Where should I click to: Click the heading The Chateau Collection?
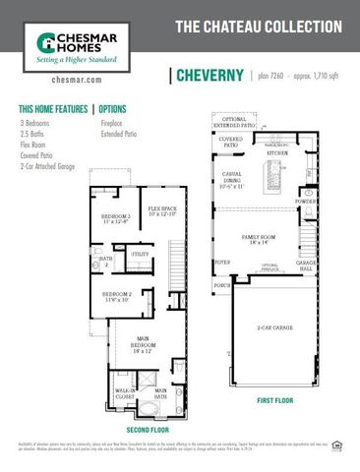coord(259,29)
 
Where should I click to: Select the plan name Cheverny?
coord(210,76)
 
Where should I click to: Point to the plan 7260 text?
coord(272,76)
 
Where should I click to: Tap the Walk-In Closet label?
coord(125,394)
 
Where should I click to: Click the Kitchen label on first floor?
coord(277,152)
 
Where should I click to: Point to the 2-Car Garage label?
coord(276,327)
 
